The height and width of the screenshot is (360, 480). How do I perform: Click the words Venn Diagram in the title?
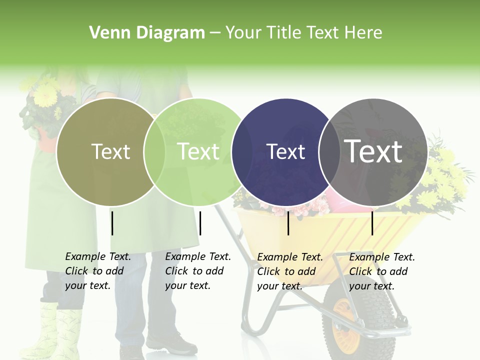tap(147, 33)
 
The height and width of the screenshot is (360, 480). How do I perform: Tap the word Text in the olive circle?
tap(110, 151)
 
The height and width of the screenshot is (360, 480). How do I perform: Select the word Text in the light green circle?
tap(198, 151)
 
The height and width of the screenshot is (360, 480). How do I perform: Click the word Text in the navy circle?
tap(285, 151)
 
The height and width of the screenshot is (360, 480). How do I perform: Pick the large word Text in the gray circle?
tap(373, 151)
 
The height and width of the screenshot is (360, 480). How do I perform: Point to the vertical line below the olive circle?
tap(112, 223)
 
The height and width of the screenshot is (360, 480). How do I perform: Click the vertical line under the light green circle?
tap(200, 223)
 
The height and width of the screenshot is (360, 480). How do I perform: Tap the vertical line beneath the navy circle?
tap(288, 223)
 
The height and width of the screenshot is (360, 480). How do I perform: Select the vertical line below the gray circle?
tap(372, 223)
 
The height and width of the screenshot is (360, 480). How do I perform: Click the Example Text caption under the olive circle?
tap(98, 271)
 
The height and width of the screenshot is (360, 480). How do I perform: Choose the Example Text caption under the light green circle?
tap(198, 271)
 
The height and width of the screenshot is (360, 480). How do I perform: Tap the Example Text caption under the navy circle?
tap(290, 271)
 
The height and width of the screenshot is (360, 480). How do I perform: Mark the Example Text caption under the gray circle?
tap(382, 271)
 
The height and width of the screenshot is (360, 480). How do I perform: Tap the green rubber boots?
tap(55, 330)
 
